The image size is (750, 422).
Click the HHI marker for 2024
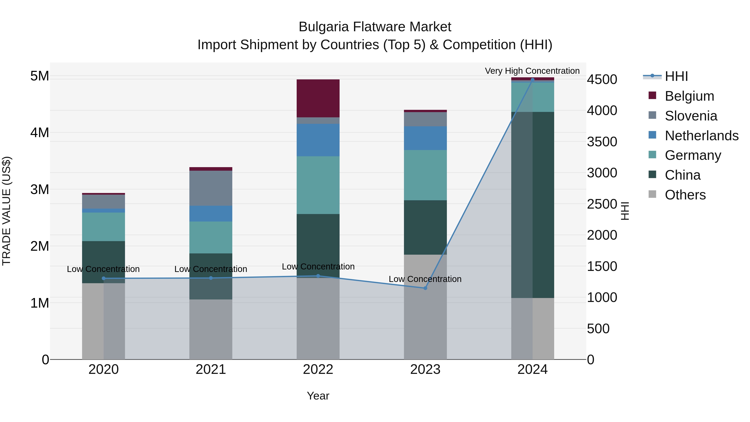tap(532, 80)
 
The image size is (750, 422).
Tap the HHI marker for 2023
tap(425, 288)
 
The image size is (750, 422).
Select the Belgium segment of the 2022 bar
tap(318, 98)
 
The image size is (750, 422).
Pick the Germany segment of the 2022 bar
tap(318, 185)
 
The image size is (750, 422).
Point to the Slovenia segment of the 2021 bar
tap(211, 188)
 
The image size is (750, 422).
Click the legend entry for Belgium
tap(689, 96)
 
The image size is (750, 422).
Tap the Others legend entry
tap(685, 195)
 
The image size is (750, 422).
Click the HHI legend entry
tap(676, 76)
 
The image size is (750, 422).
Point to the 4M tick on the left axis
tap(40, 133)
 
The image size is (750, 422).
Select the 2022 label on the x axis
tap(318, 369)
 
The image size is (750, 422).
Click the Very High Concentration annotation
tap(532, 71)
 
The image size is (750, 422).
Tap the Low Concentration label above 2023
tap(425, 279)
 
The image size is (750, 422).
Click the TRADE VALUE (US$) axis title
tap(6, 211)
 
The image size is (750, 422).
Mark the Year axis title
tap(318, 396)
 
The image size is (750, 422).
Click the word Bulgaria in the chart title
tap(324, 27)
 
